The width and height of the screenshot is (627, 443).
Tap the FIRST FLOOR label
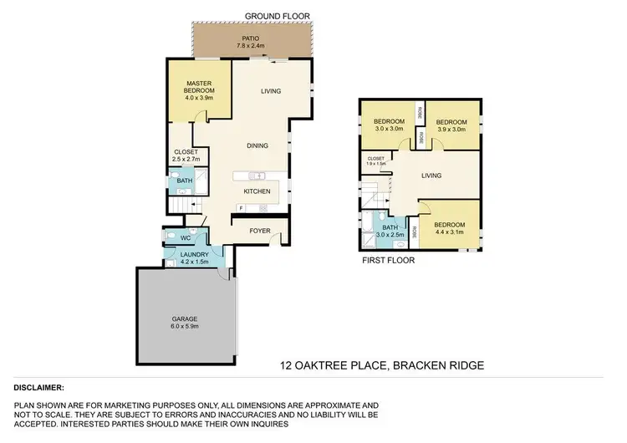(x=388, y=260)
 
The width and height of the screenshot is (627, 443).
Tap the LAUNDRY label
(x=194, y=253)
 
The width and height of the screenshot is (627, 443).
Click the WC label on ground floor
(x=186, y=237)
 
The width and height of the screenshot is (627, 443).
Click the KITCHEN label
(x=256, y=191)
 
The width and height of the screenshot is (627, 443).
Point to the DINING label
(x=257, y=145)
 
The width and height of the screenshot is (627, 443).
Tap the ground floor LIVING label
(x=270, y=91)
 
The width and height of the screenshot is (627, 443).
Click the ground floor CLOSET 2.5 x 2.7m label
(x=186, y=156)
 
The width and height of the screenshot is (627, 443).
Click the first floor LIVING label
(x=431, y=176)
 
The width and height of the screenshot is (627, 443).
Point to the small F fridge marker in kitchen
(x=240, y=207)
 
